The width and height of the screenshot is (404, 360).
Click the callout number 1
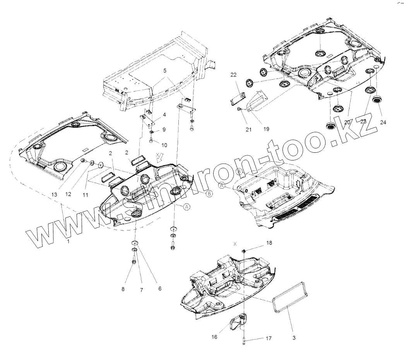(x=68, y=241)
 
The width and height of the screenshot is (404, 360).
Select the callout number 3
(x=294, y=338)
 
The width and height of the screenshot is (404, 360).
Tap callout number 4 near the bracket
(x=164, y=115)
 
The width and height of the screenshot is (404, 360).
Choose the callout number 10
(x=164, y=145)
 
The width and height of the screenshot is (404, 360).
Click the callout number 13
(x=54, y=194)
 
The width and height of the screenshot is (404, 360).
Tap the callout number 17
(x=268, y=338)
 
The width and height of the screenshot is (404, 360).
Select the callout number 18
(x=269, y=243)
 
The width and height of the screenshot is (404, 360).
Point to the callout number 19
(x=267, y=129)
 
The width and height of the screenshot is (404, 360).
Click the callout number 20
(x=347, y=122)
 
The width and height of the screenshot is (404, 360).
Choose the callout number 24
(x=383, y=122)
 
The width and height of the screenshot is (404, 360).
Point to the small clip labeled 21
(x=240, y=109)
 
